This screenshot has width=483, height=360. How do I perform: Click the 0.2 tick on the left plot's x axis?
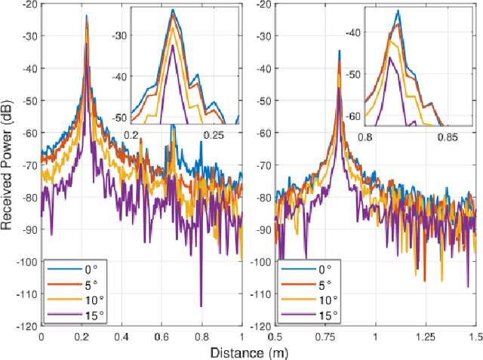click(x=82, y=337)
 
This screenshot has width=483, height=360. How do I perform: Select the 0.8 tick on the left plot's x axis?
click(x=202, y=337)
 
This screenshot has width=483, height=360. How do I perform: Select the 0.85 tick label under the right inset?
click(x=448, y=138)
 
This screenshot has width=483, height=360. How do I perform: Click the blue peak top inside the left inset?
click(x=173, y=10)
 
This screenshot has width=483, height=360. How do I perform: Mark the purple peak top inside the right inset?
click(x=391, y=57)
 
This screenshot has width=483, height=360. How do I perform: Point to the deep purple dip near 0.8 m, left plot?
click(x=202, y=306)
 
